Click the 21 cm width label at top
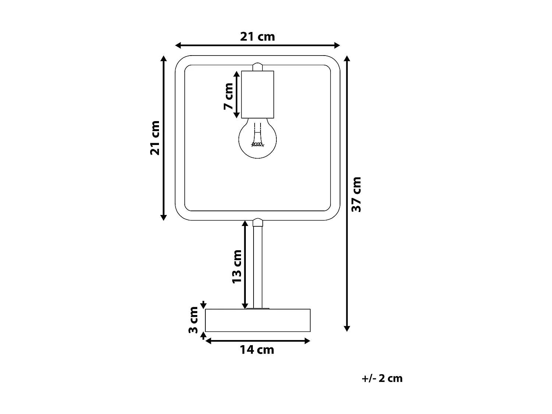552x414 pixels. click(258, 37)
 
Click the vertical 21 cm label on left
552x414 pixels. click(155, 138)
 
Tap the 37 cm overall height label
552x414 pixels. click(356, 194)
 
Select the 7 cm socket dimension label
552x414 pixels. click(229, 96)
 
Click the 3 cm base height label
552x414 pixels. click(194, 320)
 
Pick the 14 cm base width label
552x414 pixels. click(257, 350)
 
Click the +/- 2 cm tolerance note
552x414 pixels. click(382, 378)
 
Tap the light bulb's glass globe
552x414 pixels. click(258, 140)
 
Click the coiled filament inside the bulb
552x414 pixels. click(258, 144)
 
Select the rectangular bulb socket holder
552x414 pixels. click(258, 94)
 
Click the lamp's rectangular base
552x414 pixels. click(258, 321)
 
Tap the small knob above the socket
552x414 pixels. click(258, 67)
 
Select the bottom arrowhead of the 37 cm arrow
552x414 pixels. click(346, 328)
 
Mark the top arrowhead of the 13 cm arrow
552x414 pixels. click(245, 223)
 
